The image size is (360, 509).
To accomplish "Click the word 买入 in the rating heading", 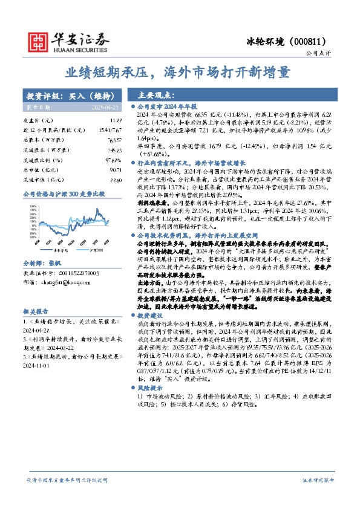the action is tap(78, 96).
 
